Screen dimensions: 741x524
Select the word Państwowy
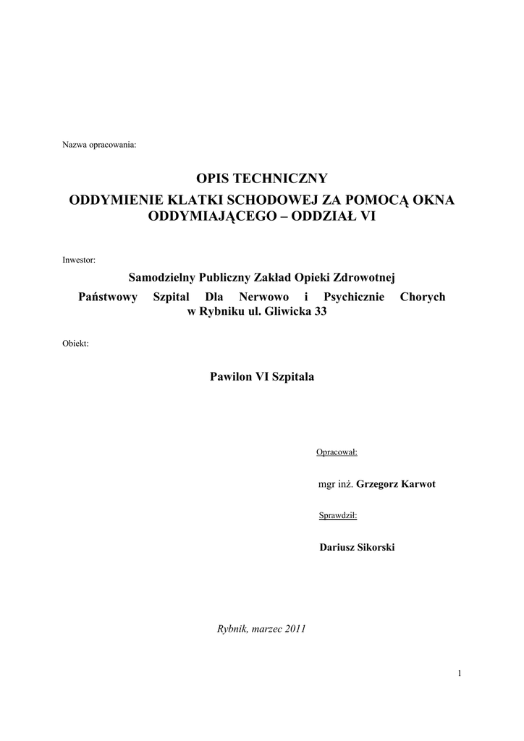click(x=107, y=297)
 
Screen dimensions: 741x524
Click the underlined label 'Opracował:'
click(x=337, y=453)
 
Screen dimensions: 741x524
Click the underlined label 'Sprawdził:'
click(x=338, y=516)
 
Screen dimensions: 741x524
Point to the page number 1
click(x=460, y=674)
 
